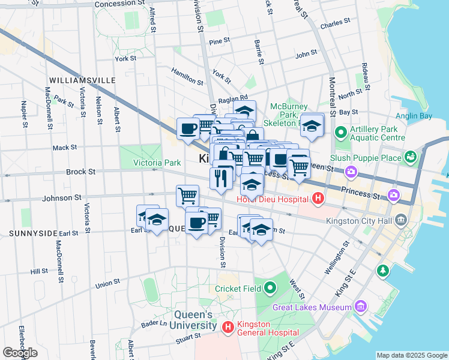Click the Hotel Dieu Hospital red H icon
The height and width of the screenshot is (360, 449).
point(318,198)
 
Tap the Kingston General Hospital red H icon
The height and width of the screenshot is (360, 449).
point(228,327)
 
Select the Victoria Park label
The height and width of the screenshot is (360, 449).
point(157,163)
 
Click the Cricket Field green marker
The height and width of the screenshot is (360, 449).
point(270,289)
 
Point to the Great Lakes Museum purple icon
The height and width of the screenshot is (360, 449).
point(361,307)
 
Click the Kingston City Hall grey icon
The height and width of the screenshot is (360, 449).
point(400,220)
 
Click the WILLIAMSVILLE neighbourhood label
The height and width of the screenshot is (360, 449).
point(82,80)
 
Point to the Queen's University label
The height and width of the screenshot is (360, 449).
point(195,320)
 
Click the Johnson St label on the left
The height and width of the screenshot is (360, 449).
point(61,197)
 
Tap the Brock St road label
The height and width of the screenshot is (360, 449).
point(80,172)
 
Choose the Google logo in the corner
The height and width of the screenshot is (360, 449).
point(20,353)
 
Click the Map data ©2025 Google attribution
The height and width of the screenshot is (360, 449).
point(411,355)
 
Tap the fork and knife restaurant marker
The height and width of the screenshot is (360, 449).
point(221,178)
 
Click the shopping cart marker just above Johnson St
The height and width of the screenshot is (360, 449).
point(187,195)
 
